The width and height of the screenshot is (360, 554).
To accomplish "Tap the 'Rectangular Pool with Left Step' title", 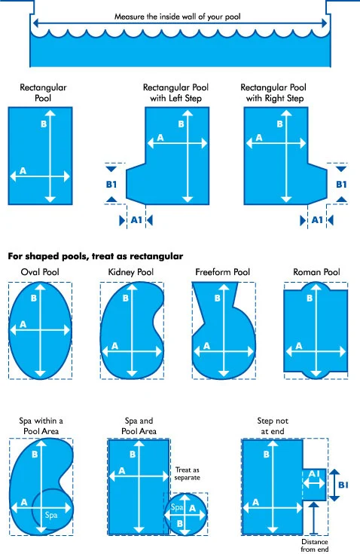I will tap(175, 93).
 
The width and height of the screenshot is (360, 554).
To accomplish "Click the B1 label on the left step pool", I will tap(111, 183).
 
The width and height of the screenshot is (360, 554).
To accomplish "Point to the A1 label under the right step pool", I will tap(318, 219).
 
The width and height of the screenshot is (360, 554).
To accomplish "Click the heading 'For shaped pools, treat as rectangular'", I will tap(96, 256).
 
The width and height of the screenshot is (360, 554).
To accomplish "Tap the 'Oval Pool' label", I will tap(39, 271).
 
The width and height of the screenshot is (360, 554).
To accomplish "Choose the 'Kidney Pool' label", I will tap(132, 271).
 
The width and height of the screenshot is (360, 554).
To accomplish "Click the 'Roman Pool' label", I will tap(316, 271).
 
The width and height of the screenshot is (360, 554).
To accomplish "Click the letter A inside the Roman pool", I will tap(299, 346).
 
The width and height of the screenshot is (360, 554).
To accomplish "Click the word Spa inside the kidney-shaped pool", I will tap(51, 515).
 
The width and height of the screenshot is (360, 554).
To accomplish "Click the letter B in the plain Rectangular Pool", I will tap(44, 124).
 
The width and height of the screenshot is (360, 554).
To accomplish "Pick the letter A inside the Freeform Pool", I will tap(205, 346).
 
